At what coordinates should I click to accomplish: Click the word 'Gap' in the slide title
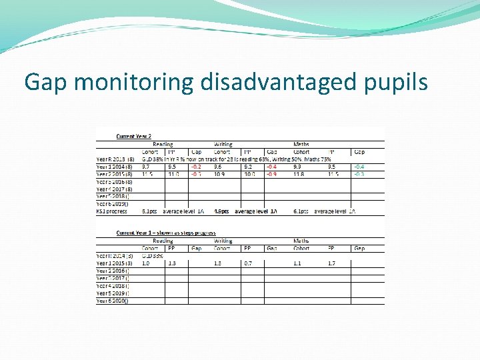[47, 82]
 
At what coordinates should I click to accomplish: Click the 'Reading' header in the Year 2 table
[163, 144]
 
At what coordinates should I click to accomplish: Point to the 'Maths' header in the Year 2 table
[301, 144]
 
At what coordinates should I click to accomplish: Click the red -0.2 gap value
[197, 167]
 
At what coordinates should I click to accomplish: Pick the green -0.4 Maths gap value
[359, 167]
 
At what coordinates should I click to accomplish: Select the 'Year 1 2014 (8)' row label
[116, 167]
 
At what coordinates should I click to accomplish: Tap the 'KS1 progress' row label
[111, 211]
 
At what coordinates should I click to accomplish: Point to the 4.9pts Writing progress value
[222, 211]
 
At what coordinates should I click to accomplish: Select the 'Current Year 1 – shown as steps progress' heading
[165, 233]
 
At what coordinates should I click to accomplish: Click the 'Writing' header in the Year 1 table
[223, 241]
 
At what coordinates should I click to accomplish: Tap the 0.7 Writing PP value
[248, 263]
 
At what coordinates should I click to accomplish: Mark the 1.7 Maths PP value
[331, 263]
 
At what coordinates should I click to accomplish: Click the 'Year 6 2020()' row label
[113, 301]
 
